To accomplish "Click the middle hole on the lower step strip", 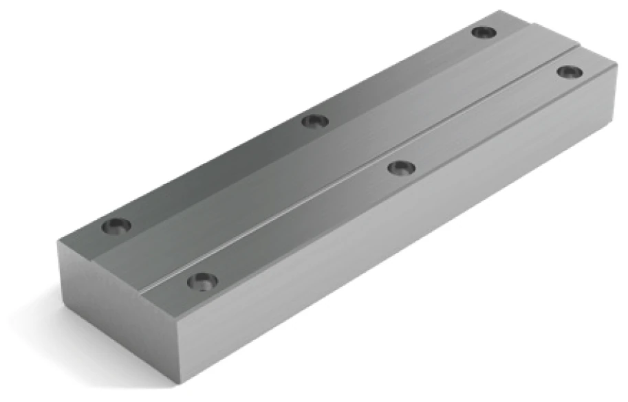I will coord(315,122).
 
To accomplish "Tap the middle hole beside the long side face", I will coord(401,167).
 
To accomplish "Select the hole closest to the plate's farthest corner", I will coord(484,32).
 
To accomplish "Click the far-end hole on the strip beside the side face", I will coord(569,71).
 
